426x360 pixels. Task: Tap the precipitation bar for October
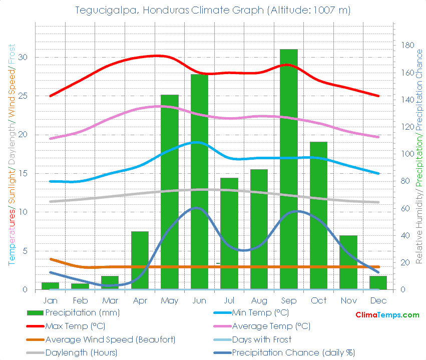coord(318,215)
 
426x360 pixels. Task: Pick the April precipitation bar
coord(140,260)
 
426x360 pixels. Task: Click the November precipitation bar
coord(348,262)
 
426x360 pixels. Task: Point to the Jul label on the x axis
coord(229,300)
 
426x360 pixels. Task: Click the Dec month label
coord(378,300)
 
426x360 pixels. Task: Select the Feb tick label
coord(80,300)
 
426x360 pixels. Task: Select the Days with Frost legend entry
coord(262,339)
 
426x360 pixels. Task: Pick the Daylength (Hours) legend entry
coord(81,352)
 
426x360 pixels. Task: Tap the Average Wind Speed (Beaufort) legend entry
coord(110,339)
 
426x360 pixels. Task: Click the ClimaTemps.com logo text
coord(387,315)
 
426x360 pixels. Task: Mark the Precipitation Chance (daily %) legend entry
coord(293,352)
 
